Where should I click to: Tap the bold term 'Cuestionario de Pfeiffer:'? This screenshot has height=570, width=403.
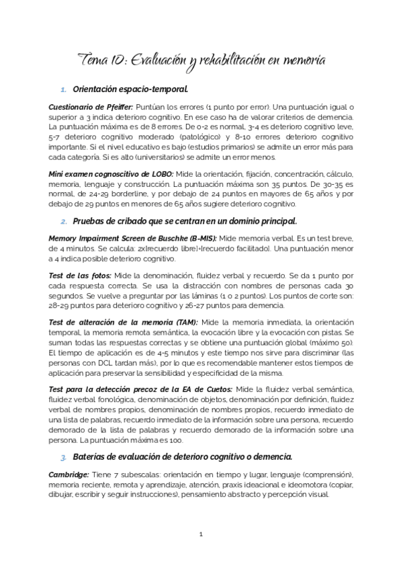[91, 107]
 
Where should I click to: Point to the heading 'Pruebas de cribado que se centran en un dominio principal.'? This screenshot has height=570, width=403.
[184, 221]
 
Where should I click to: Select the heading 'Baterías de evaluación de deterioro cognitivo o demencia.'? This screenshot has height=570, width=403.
[181, 456]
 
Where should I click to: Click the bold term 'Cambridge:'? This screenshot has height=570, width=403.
[69, 474]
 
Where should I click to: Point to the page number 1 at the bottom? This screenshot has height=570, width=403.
[201, 535]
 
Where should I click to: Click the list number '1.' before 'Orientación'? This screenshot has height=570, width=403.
[63, 89]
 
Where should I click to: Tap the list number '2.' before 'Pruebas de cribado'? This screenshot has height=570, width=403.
[63, 222]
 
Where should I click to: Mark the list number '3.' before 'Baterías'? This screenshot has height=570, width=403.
[63, 456]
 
